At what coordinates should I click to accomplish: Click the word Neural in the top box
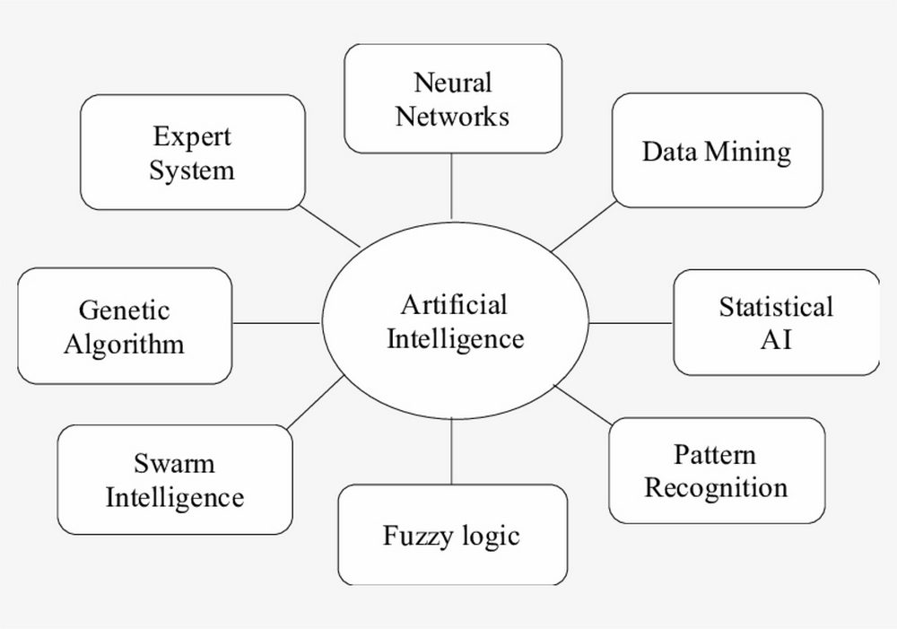(x=452, y=83)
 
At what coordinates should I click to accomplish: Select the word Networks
(x=452, y=116)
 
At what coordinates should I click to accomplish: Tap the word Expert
(x=192, y=137)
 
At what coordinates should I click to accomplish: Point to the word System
(x=192, y=170)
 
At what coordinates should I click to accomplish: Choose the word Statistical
(x=776, y=307)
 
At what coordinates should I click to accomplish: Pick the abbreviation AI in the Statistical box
(x=776, y=340)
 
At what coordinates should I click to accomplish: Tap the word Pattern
(x=715, y=454)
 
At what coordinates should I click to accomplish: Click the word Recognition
(x=716, y=488)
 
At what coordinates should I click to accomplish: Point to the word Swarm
(x=175, y=463)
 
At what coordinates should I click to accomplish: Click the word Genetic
(x=124, y=310)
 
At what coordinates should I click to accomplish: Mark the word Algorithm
(x=124, y=345)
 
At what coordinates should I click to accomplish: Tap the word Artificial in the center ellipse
(x=454, y=304)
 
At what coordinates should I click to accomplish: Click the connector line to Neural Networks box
(x=451, y=187)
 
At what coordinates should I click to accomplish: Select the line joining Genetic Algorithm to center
(x=277, y=323)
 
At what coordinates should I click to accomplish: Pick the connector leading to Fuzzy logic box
(x=451, y=451)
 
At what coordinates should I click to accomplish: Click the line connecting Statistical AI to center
(x=631, y=323)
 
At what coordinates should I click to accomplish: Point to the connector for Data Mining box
(x=584, y=226)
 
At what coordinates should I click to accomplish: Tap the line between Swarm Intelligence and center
(x=315, y=402)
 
